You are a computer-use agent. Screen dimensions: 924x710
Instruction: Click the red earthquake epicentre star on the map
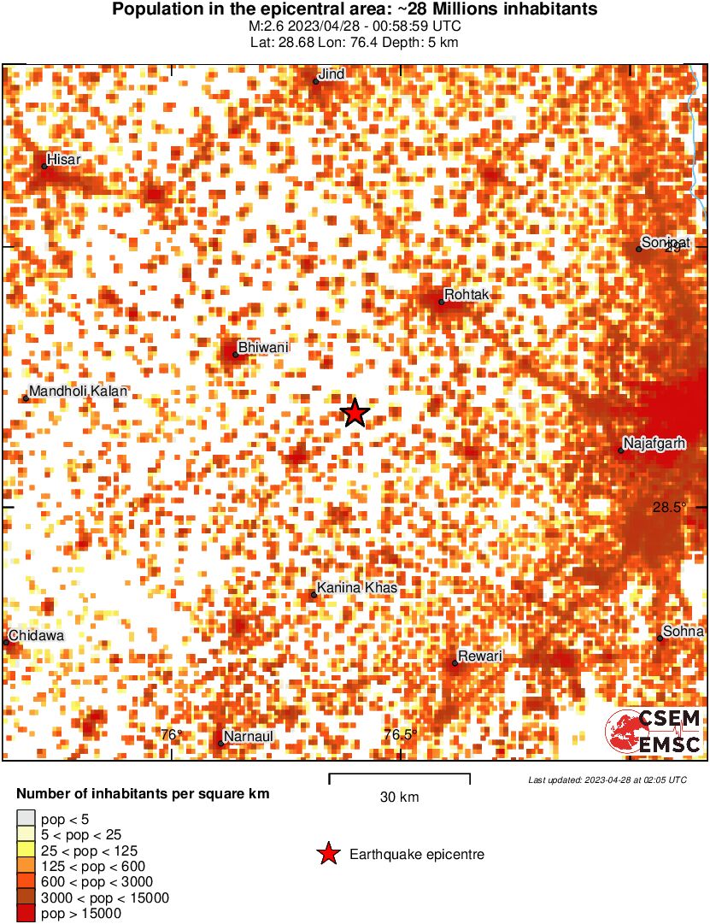click(355, 413)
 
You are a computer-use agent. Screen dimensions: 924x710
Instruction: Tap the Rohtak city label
click(466, 295)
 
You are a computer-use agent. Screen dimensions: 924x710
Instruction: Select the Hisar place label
click(64, 159)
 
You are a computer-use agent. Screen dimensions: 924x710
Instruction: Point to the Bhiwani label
click(263, 347)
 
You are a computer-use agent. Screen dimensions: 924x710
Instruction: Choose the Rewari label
click(480, 656)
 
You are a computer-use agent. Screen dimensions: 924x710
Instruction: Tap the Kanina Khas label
click(356, 588)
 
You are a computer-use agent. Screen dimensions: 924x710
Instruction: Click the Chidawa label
click(36, 636)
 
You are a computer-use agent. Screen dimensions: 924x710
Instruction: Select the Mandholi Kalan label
click(78, 391)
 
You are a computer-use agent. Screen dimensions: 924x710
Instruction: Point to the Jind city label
click(332, 74)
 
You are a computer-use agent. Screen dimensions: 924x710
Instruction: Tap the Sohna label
click(684, 632)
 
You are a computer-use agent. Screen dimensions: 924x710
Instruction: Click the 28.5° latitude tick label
click(670, 507)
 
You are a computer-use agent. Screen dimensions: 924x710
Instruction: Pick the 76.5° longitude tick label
click(400, 734)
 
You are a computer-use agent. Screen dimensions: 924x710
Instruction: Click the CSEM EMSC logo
click(654, 732)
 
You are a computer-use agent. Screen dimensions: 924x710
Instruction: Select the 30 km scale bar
click(399, 778)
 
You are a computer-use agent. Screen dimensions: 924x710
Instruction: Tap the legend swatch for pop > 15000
click(26, 914)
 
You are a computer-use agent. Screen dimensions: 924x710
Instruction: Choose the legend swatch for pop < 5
click(26, 820)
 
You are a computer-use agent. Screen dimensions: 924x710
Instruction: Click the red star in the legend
click(327, 854)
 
